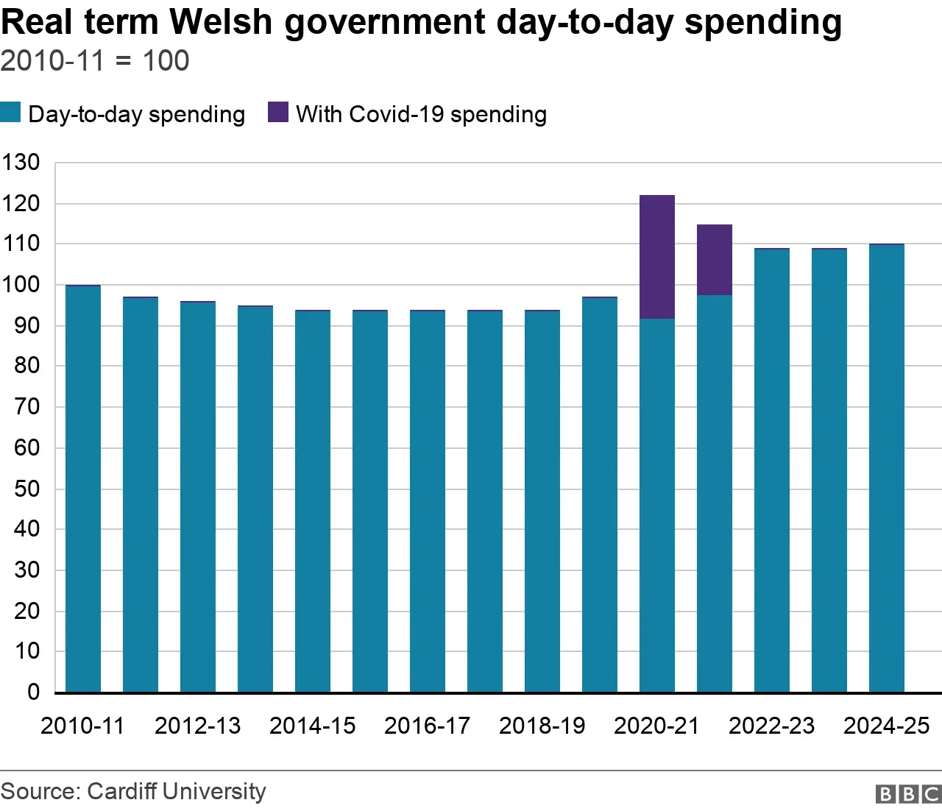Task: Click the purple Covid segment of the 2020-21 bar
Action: coord(657,257)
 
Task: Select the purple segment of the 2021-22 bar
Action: coord(715,260)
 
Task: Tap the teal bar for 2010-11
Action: coord(83,489)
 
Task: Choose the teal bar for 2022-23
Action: coord(772,471)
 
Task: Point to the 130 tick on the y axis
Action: coord(21,163)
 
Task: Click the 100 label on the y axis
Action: coord(21,285)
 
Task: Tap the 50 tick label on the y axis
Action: coord(26,489)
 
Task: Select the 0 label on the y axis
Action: coord(33,692)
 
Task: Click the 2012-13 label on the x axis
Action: coord(197,726)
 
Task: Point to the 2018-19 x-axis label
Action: coord(542,726)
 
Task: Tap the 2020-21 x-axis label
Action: coord(656,726)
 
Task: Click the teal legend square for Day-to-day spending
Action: coord(10,113)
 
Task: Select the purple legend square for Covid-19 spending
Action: coord(278,113)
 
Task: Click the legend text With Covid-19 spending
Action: coord(421,115)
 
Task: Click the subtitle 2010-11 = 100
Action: coord(95,61)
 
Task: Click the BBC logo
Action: coord(908,794)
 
